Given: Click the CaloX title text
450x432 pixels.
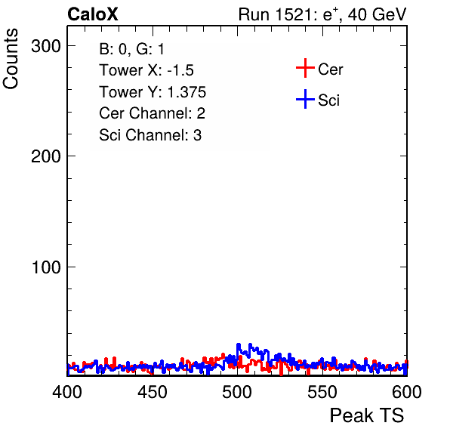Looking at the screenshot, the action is point(93,14).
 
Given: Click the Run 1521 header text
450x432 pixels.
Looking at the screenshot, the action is point(322,14).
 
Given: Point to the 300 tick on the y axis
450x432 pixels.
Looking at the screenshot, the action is point(46,46).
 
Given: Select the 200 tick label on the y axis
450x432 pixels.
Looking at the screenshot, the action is point(46,156).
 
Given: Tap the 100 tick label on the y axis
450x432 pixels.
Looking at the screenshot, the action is point(46,267).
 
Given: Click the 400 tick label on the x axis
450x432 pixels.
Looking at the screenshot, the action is point(67,392).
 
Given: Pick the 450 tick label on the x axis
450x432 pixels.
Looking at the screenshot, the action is point(152,392).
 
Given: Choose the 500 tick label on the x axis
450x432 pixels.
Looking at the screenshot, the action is point(237,392).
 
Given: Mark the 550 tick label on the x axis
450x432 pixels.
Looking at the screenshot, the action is point(322,392).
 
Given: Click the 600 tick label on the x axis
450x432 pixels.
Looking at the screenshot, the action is point(407,392).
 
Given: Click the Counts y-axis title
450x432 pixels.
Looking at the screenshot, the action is point(11,59).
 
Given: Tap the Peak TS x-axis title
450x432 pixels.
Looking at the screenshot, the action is point(367,415).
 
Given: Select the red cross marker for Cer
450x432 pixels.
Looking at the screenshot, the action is point(305,68).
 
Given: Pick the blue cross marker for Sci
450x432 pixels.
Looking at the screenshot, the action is point(305,99).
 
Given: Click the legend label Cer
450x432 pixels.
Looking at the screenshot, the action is point(330,69).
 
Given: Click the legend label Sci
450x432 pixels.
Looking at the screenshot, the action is point(328,100).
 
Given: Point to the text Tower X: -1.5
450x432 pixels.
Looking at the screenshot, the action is point(146,70).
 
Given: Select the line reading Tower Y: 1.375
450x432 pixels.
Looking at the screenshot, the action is point(153,92).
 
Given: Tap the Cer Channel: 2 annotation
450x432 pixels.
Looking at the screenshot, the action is point(152,113).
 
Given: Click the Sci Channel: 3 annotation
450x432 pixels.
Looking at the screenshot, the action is point(150,135).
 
